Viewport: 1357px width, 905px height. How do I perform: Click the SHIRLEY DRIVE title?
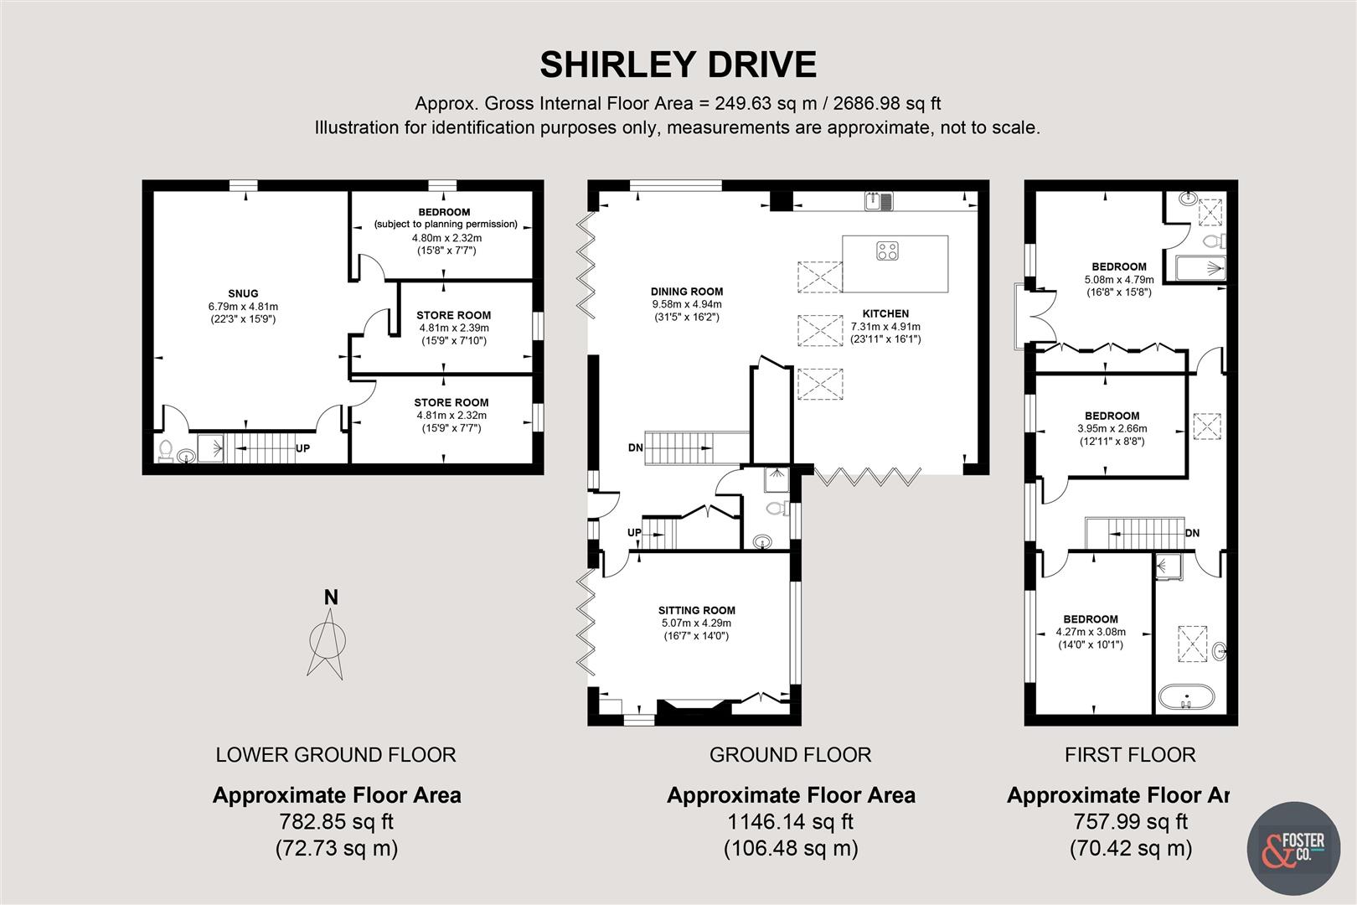point(678,65)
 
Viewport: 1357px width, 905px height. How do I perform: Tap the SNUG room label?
point(243,293)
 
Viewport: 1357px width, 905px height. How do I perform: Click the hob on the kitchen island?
point(887,250)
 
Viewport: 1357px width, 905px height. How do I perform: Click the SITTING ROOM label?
point(696,611)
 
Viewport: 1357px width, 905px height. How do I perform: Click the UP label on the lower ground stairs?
point(302,448)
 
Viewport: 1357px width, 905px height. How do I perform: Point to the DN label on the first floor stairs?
point(1192,533)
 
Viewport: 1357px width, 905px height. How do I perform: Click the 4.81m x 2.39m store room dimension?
point(453,328)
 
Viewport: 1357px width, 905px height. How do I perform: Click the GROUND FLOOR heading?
point(790,755)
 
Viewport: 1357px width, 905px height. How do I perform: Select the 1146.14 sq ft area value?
point(790,822)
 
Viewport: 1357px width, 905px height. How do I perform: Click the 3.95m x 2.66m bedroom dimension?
point(1112,428)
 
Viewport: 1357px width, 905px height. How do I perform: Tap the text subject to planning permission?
point(446,225)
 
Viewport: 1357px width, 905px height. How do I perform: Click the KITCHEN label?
point(885,313)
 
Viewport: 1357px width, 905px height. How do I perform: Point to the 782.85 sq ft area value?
point(336,822)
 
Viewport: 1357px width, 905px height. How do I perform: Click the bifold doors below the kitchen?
point(867,478)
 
